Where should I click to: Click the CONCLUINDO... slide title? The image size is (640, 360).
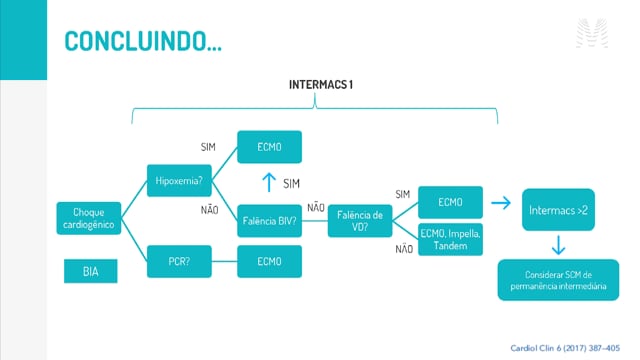point(143,41)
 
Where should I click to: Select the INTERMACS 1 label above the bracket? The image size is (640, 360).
point(321,84)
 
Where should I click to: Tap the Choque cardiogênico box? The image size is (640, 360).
point(89,218)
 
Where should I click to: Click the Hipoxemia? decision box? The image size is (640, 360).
point(179,180)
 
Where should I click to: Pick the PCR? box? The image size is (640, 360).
point(179,261)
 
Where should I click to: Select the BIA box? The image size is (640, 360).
point(91,271)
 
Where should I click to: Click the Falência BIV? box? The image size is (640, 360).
point(269,221)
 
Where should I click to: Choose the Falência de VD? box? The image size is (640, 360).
point(360,221)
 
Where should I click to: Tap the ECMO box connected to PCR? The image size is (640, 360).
point(269,261)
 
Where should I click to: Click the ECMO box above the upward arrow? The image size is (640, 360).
point(269,147)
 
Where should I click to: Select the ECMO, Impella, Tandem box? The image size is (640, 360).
point(451,240)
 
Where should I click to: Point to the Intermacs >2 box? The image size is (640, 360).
point(558,210)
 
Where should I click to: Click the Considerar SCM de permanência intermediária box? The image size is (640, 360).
point(558,280)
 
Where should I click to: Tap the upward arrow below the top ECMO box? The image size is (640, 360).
point(269,182)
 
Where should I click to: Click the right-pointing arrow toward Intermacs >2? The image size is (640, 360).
point(501,202)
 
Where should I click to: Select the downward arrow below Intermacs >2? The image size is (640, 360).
point(558,245)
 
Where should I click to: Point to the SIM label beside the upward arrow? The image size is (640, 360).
point(291,184)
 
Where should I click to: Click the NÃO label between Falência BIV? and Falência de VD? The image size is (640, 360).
point(316,207)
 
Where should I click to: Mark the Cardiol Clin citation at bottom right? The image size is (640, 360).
point(565,348)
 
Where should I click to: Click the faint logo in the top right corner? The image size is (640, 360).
point(592,33)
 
